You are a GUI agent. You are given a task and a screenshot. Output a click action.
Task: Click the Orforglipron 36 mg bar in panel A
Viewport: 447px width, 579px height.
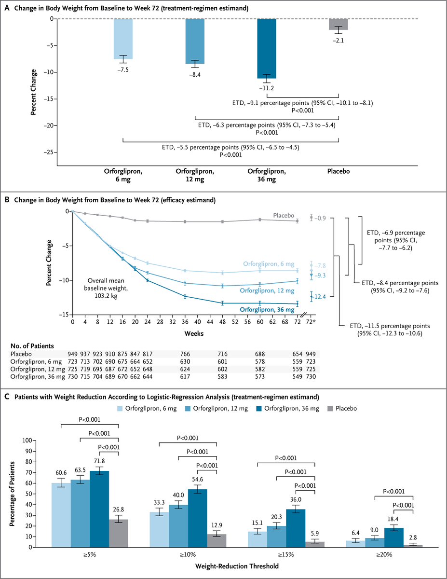[x=266, y=48]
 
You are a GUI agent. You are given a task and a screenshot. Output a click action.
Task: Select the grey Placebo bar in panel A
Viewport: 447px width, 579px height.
[x=339, y=24]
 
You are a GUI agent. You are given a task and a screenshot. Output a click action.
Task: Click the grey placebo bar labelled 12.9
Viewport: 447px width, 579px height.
[x=217, y=540]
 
